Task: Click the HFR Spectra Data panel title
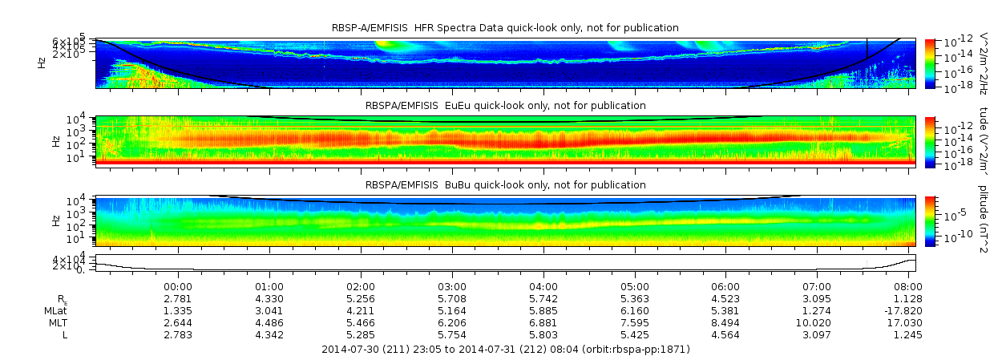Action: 505,28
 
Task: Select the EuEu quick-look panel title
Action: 505,106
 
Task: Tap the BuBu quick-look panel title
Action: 505,185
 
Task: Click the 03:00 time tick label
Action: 452,286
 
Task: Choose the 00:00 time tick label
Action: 177,286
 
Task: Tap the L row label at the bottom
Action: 65,334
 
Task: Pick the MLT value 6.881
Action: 543,322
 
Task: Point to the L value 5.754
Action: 452,334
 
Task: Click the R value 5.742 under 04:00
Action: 543,298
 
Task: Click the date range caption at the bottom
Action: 505,350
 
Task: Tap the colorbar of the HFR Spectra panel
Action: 930,63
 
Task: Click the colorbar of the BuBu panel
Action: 930,220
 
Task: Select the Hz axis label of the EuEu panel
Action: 55,141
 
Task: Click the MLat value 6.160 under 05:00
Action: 635,310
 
